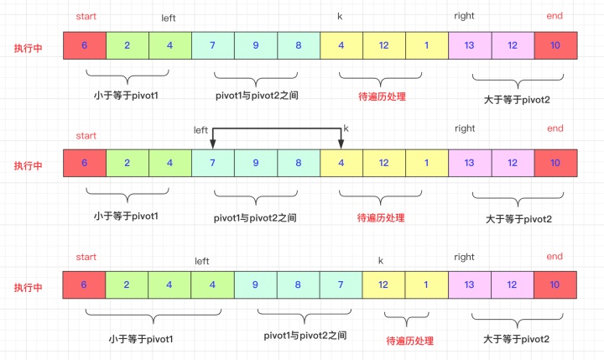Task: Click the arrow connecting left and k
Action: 277,128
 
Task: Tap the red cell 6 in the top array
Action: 85,45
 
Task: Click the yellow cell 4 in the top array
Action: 341,45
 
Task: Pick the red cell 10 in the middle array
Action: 555,163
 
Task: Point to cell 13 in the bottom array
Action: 469,285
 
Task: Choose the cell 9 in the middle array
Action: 256,163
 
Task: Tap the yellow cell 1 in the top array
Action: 427,45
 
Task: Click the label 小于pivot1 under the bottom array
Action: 141,339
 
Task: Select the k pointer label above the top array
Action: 340,16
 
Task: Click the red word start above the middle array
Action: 86,135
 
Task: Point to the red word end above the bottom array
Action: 555,256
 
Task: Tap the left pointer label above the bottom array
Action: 201,261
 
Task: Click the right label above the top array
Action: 464,16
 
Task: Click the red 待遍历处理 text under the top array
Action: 382,96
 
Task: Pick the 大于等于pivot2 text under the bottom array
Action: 518,339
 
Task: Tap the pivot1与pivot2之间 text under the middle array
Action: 255,217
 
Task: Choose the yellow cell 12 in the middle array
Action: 384,163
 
